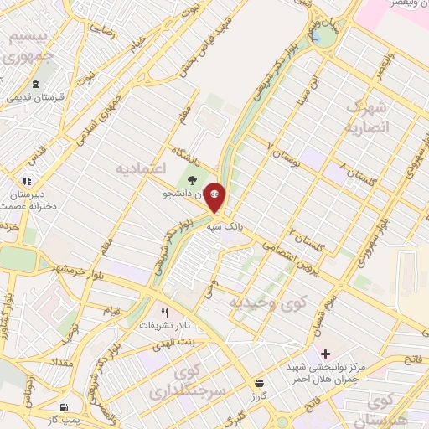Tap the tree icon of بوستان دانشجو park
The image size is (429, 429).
pyautogui.click(x=194, y=179)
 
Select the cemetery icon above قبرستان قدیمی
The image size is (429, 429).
pyautogui.click(x=35, y=84)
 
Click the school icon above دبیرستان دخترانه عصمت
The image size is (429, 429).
pyautogui.click(x=27, y=180)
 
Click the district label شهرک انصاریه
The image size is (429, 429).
pyautogui.click(x=367, y=117)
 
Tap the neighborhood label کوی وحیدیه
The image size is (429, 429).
pyautogui.click(x=269, y=302)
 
